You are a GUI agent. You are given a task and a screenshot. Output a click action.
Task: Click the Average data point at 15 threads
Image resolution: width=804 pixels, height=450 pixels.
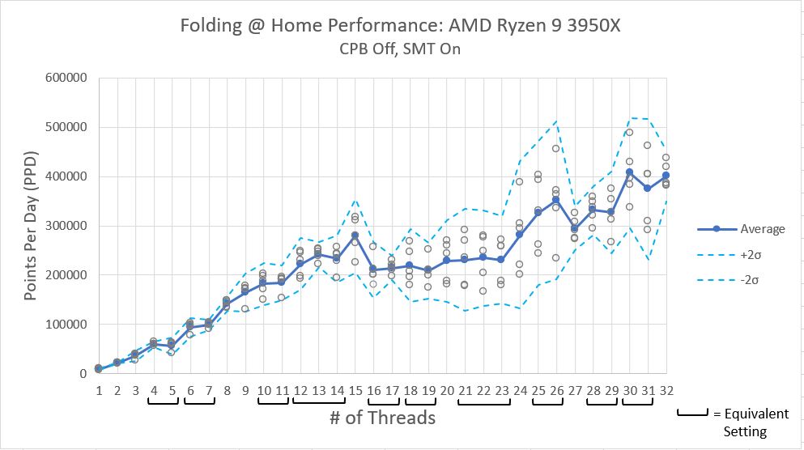click(x=355, y=235)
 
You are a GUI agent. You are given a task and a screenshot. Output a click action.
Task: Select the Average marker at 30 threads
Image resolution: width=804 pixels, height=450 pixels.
click(x=629, y=172)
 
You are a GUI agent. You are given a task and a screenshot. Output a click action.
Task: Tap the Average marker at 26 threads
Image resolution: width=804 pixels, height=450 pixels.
click(x=556, y=200)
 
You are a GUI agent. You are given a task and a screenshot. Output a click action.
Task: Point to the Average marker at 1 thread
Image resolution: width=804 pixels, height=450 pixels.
click(x=98, y=368)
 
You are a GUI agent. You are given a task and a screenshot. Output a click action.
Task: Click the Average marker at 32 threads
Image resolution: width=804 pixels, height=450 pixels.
click(x=666, y=175)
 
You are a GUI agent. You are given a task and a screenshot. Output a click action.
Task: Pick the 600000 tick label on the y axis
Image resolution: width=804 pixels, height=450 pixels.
click(x=67, y=79)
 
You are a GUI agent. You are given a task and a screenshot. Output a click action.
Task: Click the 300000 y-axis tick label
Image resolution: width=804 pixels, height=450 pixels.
click(x=67, y=226)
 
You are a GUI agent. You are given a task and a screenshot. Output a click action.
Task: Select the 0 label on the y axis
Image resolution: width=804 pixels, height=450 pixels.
click(x=83, y=374)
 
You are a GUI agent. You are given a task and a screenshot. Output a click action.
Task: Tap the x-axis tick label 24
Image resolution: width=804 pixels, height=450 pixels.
click(x=519, y=390)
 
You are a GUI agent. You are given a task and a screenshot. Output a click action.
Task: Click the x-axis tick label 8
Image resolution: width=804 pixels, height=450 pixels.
click(x=227, y=390)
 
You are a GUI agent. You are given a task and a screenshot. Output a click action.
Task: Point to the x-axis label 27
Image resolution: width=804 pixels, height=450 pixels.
click(x=574, y=390)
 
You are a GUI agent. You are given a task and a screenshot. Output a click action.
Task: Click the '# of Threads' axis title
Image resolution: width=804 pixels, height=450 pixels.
click(x=381, y=418)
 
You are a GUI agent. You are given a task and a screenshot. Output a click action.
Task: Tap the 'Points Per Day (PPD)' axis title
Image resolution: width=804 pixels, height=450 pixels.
click(x=30, y=226)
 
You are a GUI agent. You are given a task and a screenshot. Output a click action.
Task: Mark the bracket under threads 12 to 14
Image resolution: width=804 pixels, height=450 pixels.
click(x=318, y=401)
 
